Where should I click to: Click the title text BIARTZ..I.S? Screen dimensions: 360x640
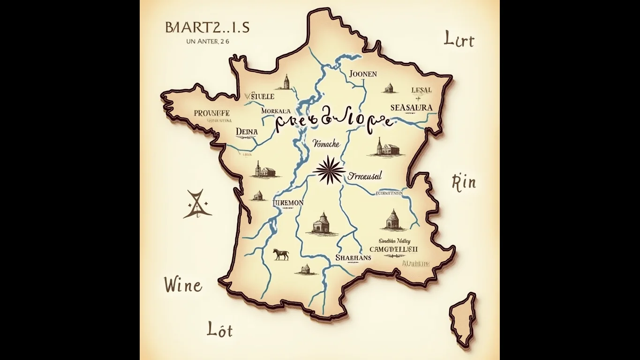point(207,28)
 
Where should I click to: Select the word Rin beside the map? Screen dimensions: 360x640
point(463,182)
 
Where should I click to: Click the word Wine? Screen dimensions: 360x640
point(183,285)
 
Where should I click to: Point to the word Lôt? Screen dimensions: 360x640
point(219,330)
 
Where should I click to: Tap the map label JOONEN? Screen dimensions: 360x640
point(363,74)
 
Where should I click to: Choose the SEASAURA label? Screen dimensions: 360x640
point(411,107)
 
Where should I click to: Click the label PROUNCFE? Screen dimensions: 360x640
point(211,113)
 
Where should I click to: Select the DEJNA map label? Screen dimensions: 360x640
point(247,132)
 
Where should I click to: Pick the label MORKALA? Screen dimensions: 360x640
point(276,111)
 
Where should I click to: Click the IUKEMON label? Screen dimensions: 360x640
point(288,203)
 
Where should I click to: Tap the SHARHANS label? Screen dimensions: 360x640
point(353,257)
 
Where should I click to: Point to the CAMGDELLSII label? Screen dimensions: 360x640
point(393,249)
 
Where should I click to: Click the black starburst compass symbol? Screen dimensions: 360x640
point(329,171)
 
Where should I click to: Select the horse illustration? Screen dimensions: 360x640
point(281,254)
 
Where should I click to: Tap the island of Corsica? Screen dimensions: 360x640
point(463,319)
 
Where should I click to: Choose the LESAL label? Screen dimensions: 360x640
point(421,90)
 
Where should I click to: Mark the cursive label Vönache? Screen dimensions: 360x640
point(325,144)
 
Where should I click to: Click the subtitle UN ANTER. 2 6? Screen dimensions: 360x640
point(207,41)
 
